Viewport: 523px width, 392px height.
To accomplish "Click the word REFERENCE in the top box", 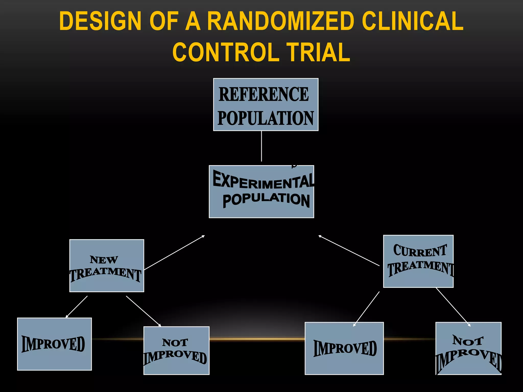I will click(x=264, y=94).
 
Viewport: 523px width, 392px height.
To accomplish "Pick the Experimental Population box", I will click(x=261, y=191).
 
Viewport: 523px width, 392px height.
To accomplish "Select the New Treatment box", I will click(x=107, y=265).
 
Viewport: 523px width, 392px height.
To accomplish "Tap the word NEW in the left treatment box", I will click(x=104, y=260).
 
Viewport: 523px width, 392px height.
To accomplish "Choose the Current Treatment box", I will click(x=418, y=261).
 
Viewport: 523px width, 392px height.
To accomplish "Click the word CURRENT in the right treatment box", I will click(x=420, y=251).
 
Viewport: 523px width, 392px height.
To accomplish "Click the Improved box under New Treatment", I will click(x=54, y=344).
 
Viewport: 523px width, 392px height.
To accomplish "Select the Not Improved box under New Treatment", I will click(x=176, y=350).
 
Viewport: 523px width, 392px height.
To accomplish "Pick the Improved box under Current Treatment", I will click(x=344, y=348).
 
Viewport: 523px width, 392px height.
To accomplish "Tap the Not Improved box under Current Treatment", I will click(x=468, y=348).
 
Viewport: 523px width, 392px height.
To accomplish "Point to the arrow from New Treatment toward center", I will click(x=174, y=252).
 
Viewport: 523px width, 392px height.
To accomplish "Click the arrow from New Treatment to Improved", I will click(x=77, y=307).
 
